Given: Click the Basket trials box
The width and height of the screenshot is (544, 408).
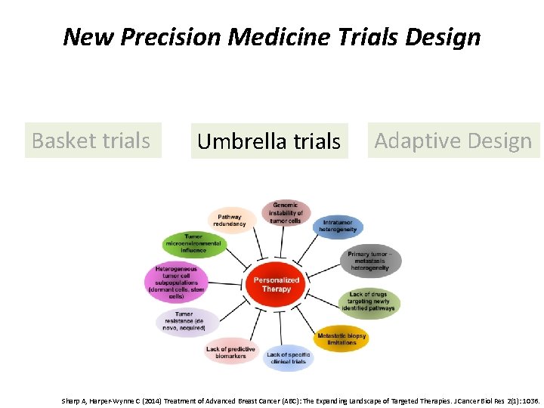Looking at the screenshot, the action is (92, 141).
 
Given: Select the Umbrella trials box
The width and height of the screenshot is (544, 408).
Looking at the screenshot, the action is (269, 141).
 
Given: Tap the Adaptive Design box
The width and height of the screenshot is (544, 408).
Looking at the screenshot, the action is (453, 141).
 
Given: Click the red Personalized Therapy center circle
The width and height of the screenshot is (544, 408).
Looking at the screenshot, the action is (277, 284).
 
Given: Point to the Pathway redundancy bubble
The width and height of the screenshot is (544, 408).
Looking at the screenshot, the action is (230, 220).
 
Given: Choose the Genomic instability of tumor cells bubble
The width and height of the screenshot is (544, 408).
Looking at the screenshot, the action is (286, 213).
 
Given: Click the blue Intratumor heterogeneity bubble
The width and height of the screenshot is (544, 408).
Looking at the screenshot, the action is (338, 227).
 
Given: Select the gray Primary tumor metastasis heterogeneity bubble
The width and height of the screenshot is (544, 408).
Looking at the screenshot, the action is (369, 261).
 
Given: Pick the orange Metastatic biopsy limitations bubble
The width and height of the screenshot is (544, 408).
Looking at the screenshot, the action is (342, 338).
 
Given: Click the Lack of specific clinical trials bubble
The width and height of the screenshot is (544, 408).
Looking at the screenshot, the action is (287, 357).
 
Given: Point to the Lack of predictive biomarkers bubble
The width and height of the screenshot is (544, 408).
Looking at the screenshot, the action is (230, 352).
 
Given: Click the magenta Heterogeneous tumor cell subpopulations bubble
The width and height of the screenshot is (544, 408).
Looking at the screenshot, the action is (176, 282).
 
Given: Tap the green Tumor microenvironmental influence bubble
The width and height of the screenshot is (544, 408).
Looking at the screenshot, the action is (194, 244).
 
